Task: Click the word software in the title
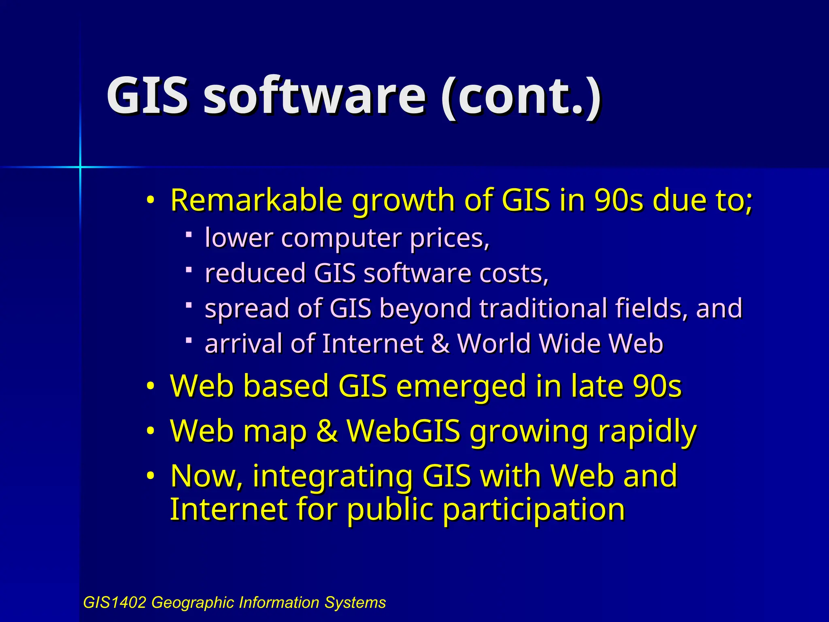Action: (x=314, y=97)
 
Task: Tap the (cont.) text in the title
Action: (x=521, y=97)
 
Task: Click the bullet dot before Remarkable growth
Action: (x=151, y=200)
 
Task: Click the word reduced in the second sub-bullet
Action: (x=255, y=273)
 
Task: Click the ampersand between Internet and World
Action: (x=440, y=343)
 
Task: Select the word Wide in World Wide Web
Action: (x=565, y=343)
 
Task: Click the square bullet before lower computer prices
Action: (x=189, y=234)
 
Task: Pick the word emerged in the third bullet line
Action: (x=461, y=386)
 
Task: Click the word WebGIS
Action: (x=404, y=431)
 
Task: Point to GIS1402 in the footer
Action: (x=114, y=603)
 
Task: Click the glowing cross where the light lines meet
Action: (x=80, y=166)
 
